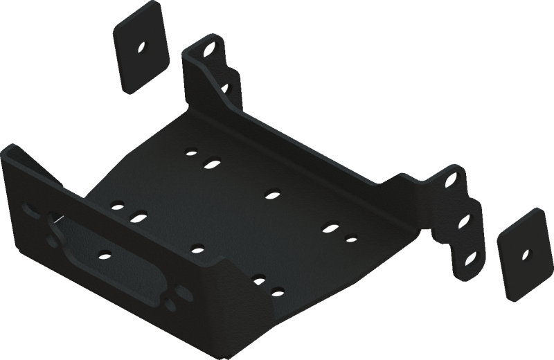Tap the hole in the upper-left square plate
tap(143, 48)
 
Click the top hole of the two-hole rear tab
tap(207, 51)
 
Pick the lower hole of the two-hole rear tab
tap(225, 88)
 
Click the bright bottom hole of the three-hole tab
tap(472, 257)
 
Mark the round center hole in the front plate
tap(104, 253)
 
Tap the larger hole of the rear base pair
tap(211, 164)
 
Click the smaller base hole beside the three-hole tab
tap(351, 240)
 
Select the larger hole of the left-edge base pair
tap(138, 217)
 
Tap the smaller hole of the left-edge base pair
tap(116, 204)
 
